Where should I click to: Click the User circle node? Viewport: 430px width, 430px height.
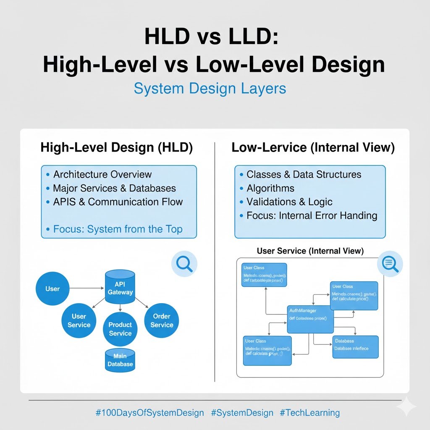pos(52,289)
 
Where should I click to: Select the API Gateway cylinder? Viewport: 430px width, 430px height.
pos(120,288)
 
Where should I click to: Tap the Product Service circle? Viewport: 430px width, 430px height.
pos(120,328)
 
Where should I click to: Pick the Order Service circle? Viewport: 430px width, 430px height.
pos(162,320)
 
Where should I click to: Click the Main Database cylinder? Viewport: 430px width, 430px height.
pos(120,360)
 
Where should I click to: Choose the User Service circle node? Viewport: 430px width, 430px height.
pos(79,320)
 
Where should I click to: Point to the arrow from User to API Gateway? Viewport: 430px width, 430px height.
pos(86,288)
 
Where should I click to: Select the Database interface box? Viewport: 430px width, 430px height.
pos(355,347)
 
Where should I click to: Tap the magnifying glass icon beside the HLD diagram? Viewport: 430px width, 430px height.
pos(184,264)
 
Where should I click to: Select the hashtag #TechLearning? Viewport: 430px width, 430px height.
pos(309,413)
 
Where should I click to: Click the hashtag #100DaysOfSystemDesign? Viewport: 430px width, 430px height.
pos(149,413)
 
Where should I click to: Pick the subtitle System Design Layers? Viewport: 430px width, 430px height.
pos(210,89)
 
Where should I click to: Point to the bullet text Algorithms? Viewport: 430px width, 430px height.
pos(270,188)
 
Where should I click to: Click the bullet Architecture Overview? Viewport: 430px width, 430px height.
pos(102,174)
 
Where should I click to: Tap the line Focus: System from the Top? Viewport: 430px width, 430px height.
pos(118,229)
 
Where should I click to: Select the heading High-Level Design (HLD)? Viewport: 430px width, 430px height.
pos(117,148)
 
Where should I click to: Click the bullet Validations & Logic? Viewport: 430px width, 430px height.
pos(289,202)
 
